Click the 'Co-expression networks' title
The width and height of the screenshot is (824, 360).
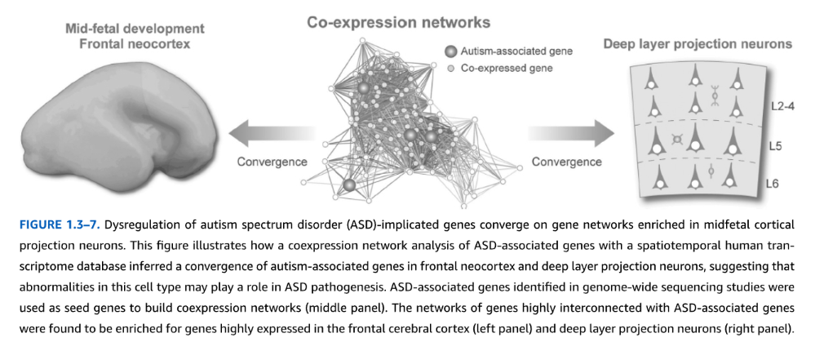398,22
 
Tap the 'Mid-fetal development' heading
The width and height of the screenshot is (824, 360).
135,29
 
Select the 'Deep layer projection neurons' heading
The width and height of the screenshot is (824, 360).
698,44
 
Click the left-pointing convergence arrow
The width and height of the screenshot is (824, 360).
272,134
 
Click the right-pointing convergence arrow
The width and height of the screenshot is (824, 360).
571,134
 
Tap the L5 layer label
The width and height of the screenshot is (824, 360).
776,146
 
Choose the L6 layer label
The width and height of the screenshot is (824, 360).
772,184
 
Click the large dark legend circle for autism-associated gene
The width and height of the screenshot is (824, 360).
450,51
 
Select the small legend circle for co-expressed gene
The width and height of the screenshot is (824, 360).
450,69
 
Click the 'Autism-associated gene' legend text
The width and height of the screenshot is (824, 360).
516,51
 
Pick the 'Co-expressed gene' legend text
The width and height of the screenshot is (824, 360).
507,69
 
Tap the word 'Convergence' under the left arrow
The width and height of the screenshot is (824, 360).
272,162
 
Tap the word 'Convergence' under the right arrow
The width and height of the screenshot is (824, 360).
566,162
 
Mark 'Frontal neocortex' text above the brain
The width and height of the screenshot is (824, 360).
135,43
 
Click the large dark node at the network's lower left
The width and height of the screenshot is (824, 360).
350,184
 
